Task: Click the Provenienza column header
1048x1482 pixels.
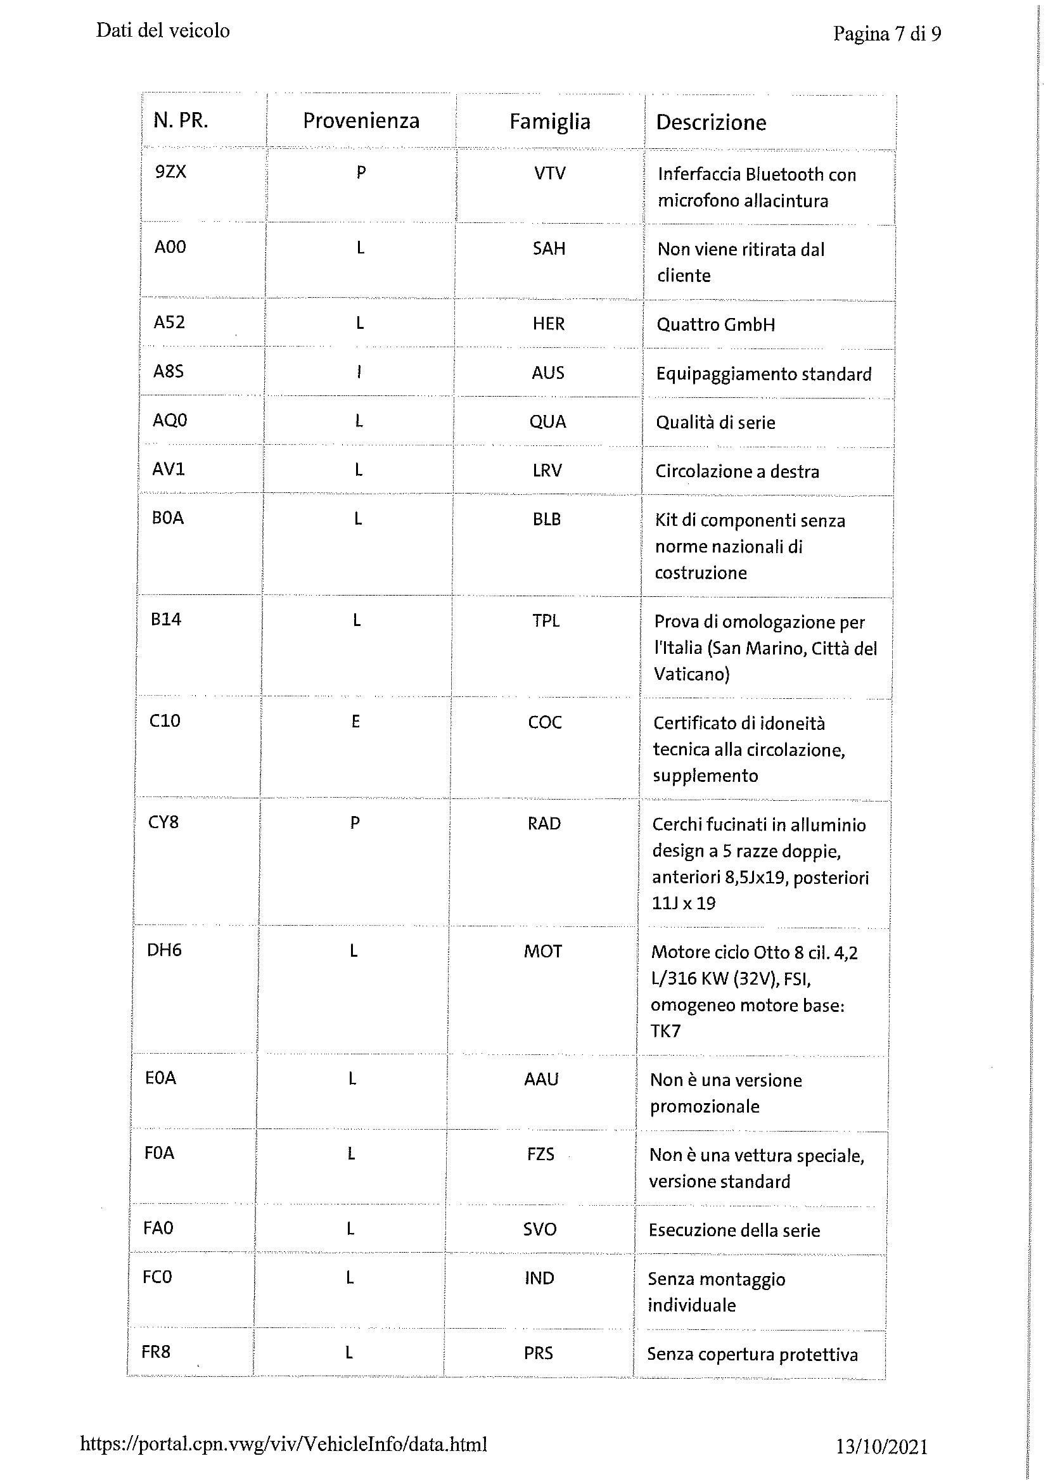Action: (x=361, y=121)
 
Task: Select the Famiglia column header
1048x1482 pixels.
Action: (x=550, y=122)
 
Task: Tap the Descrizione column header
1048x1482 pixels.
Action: (x=711, y=122)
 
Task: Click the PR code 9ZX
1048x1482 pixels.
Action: (x=170, y=172)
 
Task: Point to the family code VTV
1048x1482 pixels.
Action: (x=550, y=173)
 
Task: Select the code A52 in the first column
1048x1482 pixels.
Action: (x=169, y=322)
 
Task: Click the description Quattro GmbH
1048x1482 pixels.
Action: (x=715, y=324)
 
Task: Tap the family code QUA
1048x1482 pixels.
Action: (x=547, y=421)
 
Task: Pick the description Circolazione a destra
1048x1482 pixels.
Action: (x=737, y=471)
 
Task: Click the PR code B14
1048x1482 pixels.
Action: (x=166, y=619)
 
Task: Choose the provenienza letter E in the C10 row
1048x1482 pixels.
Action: (x=355, y=721)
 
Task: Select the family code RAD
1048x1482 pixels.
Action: (x=544, y=823)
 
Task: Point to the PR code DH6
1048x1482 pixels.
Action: (x=164, y=950)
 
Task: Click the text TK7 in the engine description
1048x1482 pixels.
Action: (x=665, y=1030)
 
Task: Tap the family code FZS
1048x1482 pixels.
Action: (x=540, y=1153)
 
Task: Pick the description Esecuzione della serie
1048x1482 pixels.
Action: (x=734, y=1230)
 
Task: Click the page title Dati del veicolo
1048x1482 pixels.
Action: (x=163, y=30)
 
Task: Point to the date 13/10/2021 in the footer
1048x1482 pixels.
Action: (x=881, y=1447)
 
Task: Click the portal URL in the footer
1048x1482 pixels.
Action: (x=283, y=1444)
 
